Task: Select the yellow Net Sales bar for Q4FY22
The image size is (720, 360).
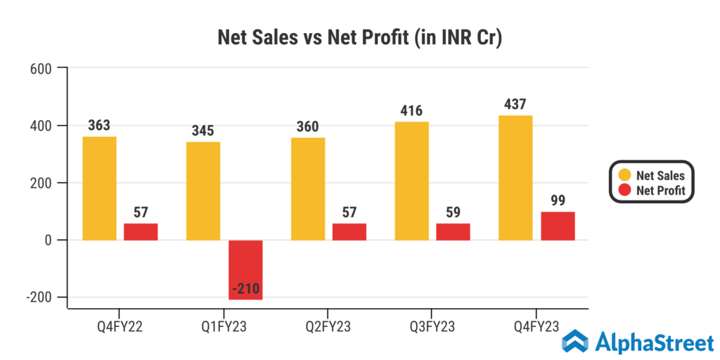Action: pos(99,188)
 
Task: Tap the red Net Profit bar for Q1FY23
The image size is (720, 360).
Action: pos(245,270)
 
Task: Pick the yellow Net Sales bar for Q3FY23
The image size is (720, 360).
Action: pos(411,181)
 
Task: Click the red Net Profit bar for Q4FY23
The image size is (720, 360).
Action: pos(558,226)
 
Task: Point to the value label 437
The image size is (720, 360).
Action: pos(515,105)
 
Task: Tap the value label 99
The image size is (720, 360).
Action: pos(558,201)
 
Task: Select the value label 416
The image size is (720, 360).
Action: pos(411,111)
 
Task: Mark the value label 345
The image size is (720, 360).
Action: pos(202,131)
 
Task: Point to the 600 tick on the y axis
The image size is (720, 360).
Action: pos(43,68)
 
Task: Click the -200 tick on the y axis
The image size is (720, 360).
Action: pos(40,297)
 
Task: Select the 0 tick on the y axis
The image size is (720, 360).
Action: pos(51,240)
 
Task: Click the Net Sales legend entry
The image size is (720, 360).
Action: pos(652,175)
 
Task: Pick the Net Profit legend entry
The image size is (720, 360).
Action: pos(652,190)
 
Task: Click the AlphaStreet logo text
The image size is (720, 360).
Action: pos(653,343)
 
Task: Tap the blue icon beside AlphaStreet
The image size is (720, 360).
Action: pos(576,342)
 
